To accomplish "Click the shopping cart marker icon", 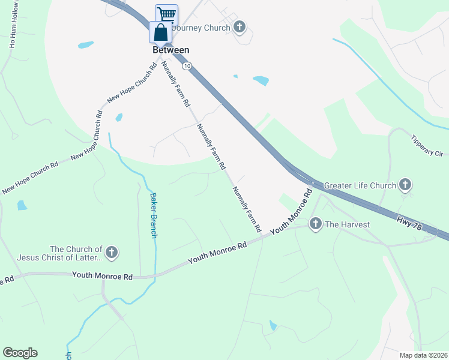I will (x=167, y=14).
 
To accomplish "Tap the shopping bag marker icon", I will (x=160, y=32).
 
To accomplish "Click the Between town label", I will (x=171, y=50).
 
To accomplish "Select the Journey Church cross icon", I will (x=240, y=27).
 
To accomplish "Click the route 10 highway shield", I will (x=188, y=66).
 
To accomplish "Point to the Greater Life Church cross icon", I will (x=406, y=185).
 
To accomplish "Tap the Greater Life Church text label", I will (x=360, y=185).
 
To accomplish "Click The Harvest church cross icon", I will (x=315, y=224).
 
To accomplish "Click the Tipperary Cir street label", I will (x=427, y=145).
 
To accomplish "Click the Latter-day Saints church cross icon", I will (x=112, y=253).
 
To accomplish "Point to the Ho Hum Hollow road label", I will (x=12, y=30).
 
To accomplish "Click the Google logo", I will (x=20, y=352).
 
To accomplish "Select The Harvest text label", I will (x=348, y=224).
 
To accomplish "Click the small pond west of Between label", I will (x=86, y=44).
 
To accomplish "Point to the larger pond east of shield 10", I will (x=261, y=80).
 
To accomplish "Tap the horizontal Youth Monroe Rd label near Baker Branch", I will (x=102, y=275).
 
